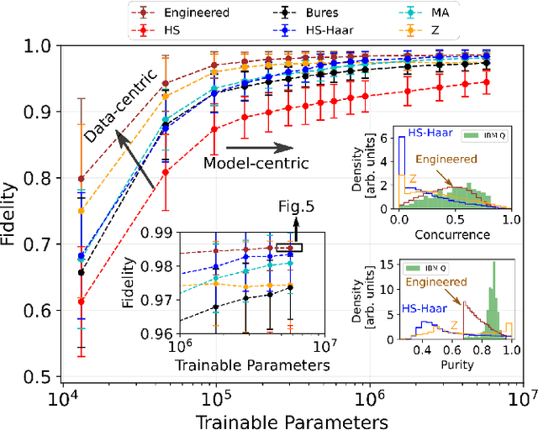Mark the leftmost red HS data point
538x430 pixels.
tap(81, 301)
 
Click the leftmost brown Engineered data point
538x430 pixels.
tap(81, 179)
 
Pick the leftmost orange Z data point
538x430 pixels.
tap(81, 211)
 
